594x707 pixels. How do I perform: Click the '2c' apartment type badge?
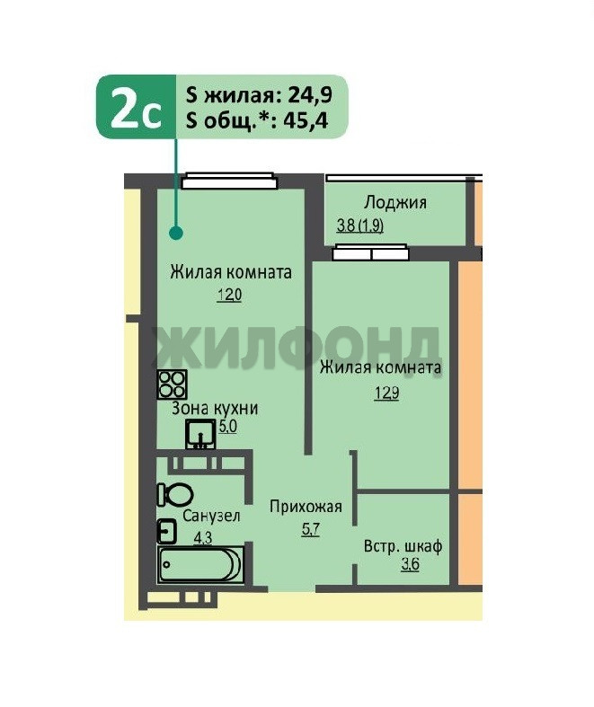tap(136, 107)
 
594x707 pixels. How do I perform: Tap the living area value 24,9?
tap(310, 94)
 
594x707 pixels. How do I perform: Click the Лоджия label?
tap(395, 202)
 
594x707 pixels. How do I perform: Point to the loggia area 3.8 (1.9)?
tap(360, 225)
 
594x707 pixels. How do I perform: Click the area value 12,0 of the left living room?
tap(229, 296)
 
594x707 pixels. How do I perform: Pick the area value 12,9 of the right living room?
tap(386, 393)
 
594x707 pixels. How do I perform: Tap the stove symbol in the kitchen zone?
tap(172, 384)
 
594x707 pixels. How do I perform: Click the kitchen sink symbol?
tap(200, 434)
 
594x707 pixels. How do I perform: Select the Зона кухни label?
tap(215, 409)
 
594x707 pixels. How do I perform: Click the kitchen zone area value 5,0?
tap(227, 427)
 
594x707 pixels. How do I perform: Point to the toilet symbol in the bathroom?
tap(175, 495)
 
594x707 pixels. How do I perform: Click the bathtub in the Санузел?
tap(200, 565)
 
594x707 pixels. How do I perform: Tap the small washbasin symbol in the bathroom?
tap(166, 532)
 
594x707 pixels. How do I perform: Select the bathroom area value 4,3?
tap(202, 537)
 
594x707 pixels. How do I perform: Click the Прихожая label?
tap(306, 507)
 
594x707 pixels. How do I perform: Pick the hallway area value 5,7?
tap(311, 528)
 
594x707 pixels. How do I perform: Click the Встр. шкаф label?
tap(403, 546)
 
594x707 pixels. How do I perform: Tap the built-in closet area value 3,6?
tap(411, 564)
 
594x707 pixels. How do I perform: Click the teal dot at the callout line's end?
tap(176, 233)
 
